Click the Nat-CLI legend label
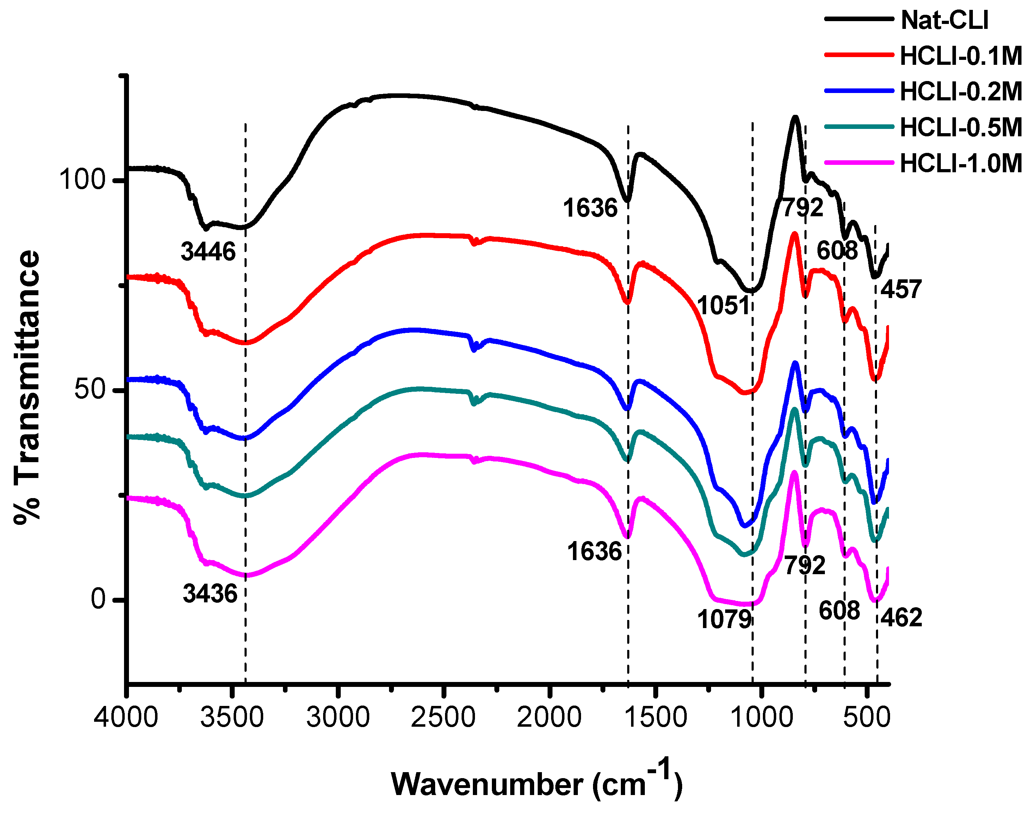point(944,20)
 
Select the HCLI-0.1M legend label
point(961,56)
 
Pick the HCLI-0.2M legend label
point(961,91)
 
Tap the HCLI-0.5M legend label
point(961,128)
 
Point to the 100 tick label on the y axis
point(81,180)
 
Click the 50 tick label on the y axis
point(89,389)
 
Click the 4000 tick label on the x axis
point(126,717)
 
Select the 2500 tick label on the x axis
point(443,717)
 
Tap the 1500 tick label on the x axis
point(655,717)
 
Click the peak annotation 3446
point(208,251)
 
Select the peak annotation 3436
point(210,594)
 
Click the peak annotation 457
point(901,290)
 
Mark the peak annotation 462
point(901,617)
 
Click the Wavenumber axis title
point(537,783)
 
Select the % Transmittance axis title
point(27,388)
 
